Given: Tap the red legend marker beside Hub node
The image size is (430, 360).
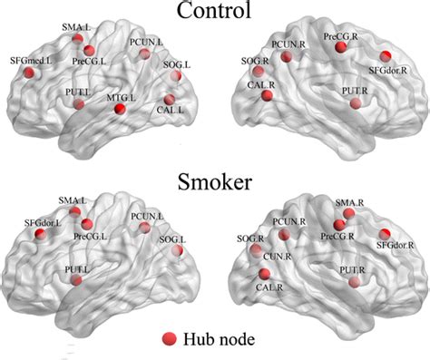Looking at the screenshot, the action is click(169, 338).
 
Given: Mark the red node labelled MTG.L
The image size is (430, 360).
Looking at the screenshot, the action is click(120, 110).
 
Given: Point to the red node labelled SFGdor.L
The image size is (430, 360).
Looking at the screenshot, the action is click(40, 235).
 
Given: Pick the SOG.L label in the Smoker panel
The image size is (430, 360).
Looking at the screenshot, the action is click(170, 239).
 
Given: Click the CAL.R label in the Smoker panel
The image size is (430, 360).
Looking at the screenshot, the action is click(265, 287).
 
